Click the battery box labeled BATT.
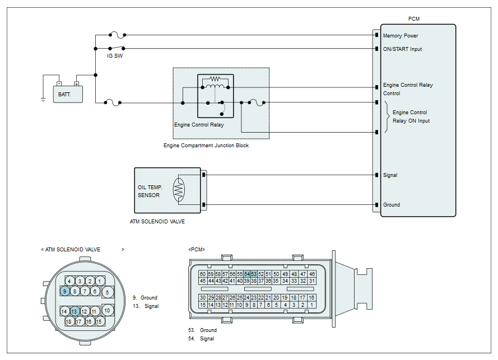coord(68,94)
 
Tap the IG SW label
coord(115,56)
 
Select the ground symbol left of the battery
coord(43,100)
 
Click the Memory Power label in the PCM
coord(401,36)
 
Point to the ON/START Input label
coord(402,49)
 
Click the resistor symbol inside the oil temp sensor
coord(179,190)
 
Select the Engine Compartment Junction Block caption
coord(206,146)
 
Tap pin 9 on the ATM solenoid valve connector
coord(65,291)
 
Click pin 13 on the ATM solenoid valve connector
coord(74,311)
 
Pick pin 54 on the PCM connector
coord(247,274)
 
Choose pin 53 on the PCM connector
coord(253,274)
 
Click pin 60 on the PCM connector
coord(203,274)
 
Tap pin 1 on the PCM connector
coord(311,305)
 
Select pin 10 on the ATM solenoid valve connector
coord(107,311)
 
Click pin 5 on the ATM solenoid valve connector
coord(108,292)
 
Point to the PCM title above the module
coord(414,19)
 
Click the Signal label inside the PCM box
coord(390,175)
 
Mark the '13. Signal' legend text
coord(146,306)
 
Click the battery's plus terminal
coord(77,84)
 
